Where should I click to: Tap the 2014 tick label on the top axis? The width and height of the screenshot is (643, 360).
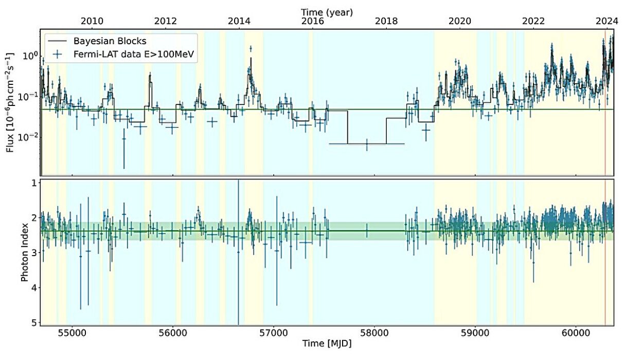coord(239,21)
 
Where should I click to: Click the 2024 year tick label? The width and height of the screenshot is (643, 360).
coord(607,21)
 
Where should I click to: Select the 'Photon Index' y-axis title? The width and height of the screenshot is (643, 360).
coord(24,253)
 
